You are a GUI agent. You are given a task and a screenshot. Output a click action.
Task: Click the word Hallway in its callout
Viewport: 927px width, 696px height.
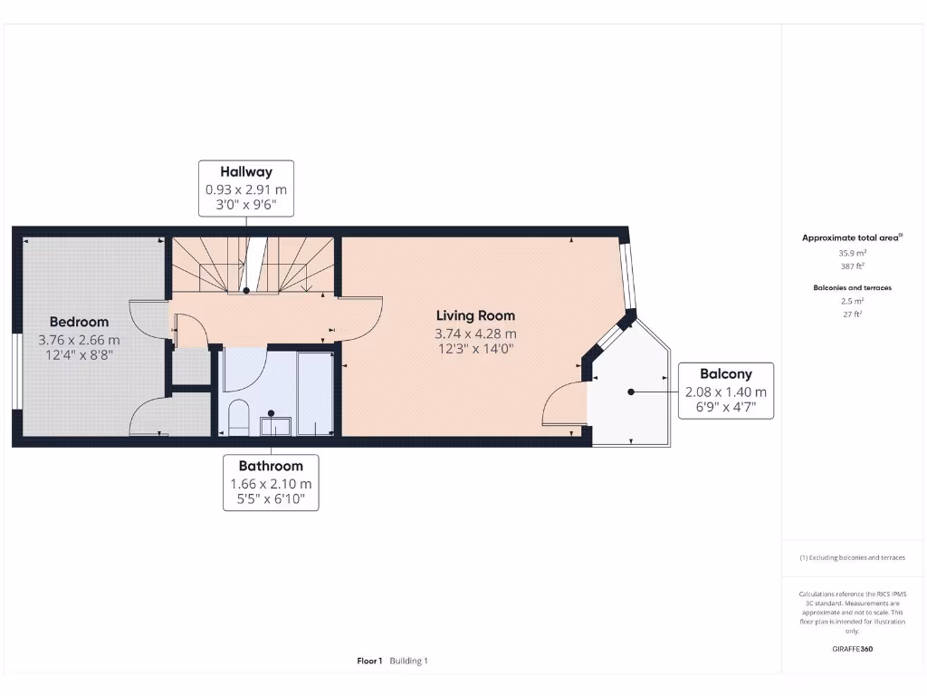246,171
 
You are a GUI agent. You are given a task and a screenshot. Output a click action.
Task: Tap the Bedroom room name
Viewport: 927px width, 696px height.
79,322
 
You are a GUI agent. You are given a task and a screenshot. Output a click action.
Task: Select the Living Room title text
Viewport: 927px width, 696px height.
475,315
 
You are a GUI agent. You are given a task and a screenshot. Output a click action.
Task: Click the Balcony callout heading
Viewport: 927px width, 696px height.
725,373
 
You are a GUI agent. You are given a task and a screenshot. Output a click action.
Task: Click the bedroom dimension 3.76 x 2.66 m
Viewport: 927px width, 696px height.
79,340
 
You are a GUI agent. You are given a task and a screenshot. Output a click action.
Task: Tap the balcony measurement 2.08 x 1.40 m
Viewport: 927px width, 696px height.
725,391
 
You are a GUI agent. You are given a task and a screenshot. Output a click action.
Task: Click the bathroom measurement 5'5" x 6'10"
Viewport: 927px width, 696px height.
271,499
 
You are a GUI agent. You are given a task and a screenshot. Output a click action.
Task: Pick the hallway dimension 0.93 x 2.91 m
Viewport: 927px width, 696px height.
246,189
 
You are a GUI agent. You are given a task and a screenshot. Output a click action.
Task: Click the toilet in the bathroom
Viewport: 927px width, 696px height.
239,418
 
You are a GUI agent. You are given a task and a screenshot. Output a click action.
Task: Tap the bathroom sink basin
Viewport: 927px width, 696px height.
274,425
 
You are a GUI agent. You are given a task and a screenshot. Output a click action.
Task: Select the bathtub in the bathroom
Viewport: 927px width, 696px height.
315,394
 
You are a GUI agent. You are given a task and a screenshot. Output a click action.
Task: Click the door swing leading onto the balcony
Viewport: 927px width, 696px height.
563,405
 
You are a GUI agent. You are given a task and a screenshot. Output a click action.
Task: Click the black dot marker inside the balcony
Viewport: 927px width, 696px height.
630,392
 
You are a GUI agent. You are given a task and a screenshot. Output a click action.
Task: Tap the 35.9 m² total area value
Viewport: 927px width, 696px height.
852,253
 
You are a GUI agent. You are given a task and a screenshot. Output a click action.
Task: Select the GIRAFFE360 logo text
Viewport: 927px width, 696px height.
852,649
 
